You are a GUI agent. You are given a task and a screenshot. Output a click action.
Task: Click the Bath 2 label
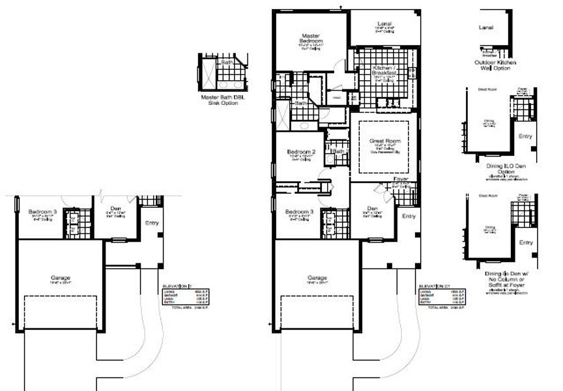coord(338,151)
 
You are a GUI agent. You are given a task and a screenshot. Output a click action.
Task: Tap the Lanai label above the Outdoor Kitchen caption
coord(485,28)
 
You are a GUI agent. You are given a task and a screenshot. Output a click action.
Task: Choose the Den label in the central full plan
coord(371,209)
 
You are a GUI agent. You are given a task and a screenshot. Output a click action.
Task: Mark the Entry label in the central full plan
coord(409,216)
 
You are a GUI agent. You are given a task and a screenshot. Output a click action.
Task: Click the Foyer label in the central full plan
coord(401,178)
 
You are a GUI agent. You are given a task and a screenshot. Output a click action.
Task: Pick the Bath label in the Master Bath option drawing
coord(227,62)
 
